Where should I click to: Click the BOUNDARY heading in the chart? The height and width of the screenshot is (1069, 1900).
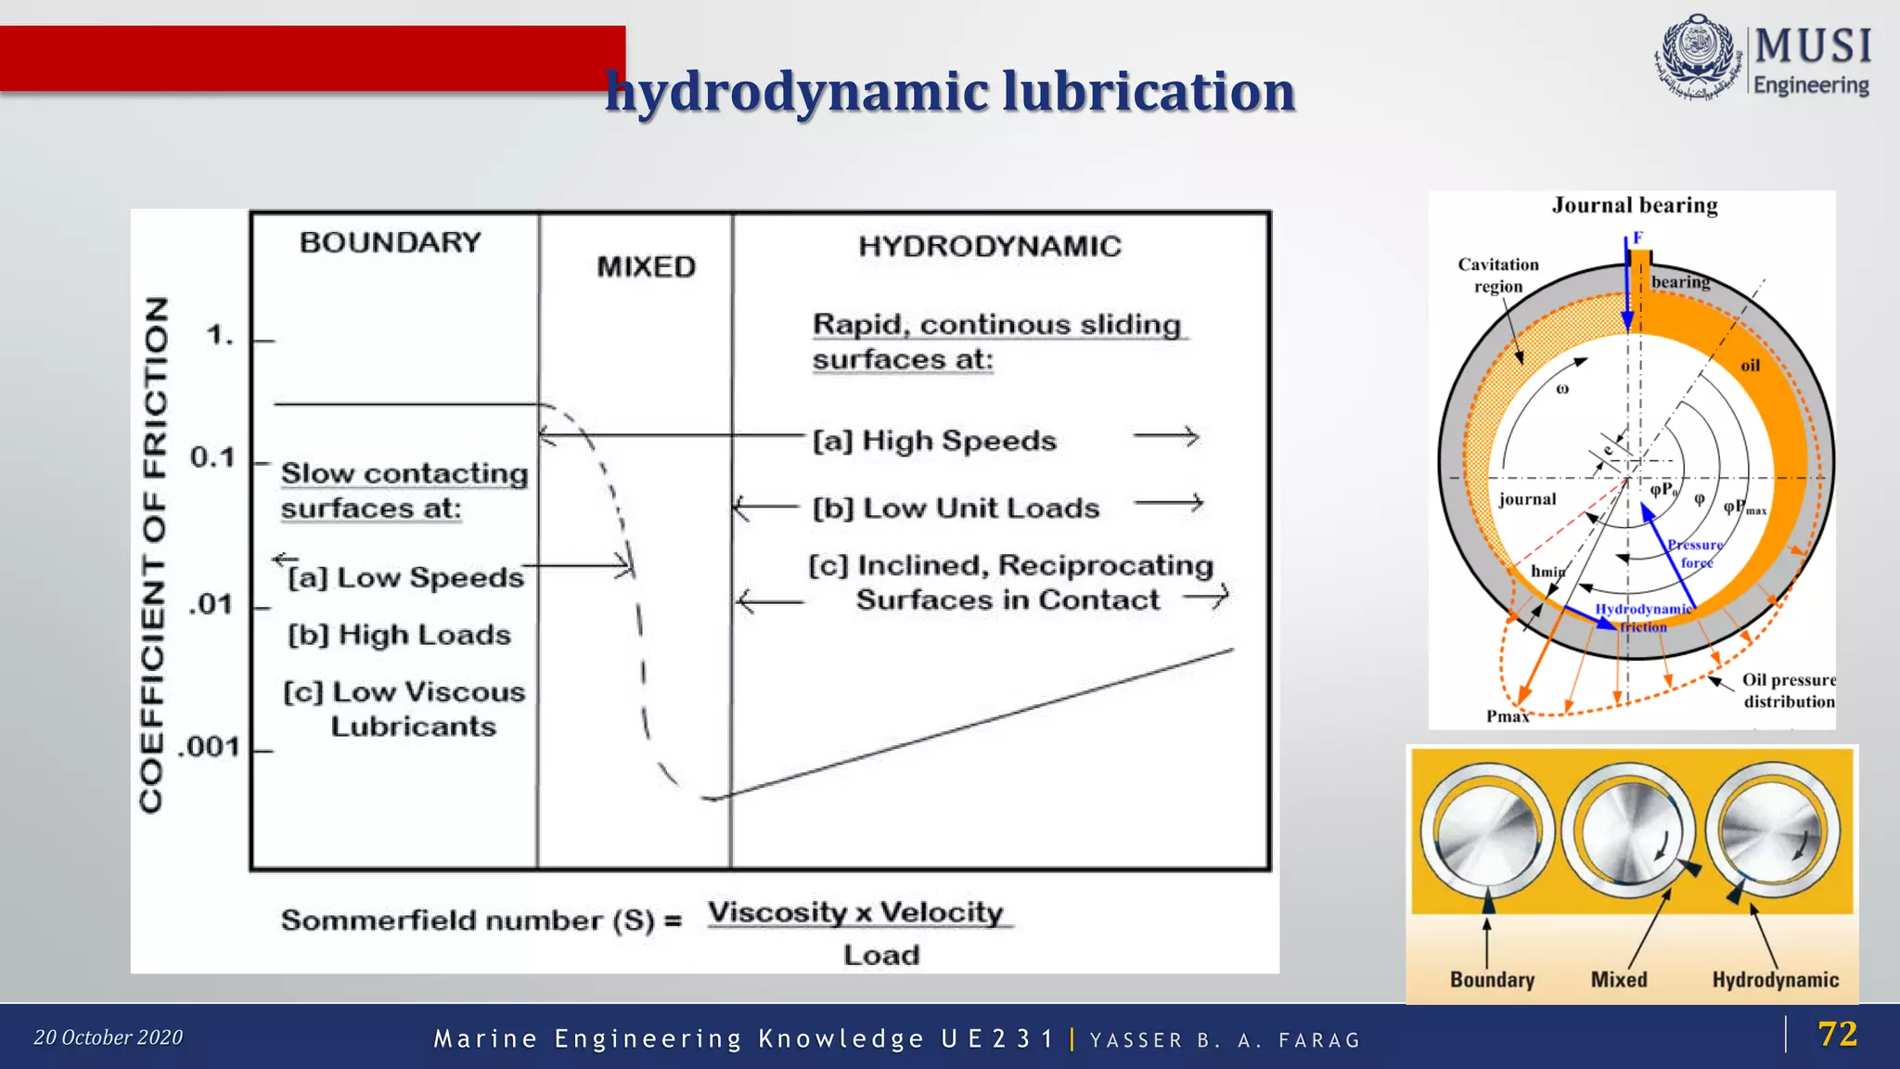pyautogui.click(x=391, y=242)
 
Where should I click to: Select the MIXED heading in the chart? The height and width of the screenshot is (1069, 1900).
pyautogui.click(x=646, y=267)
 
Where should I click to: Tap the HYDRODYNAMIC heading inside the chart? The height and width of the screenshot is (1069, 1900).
pyautogui.click(x=989, y=246)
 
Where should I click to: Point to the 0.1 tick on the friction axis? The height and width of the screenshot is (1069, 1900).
pyautogui.click(x=213, y=457)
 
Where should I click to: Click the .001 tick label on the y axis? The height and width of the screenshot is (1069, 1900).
pyautogui.click(x=210, y=747)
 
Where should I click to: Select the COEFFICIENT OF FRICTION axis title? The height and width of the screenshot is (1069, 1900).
pyautogui.click(x=154, y=555)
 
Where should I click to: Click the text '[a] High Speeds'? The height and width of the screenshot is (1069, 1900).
pyautogui.click(x=934, y=441)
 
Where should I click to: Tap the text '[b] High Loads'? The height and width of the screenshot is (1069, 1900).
pyautogui.click(x=400, y=636)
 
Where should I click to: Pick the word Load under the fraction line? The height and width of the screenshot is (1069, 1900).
pyautogui.click(x=880, y=955)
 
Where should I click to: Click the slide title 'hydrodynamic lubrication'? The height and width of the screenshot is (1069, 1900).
pyautogui.click(x=949, y=92)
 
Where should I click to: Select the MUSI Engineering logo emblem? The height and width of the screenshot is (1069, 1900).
pyautogui.click(x=1697, y=58)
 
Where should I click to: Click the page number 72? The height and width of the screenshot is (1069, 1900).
pyautogui.click(x=1837, y=1034)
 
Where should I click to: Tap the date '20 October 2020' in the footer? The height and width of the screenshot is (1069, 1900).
pyautogui.click(x=109, y=1037)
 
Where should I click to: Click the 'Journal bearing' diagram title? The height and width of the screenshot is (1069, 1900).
pyautogui.click(x=1635, y=205)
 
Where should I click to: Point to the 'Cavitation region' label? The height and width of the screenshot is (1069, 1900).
pyautogui.click(x=1497, y=276)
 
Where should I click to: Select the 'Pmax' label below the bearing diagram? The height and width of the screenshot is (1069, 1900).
pyautogui.click(x=1507, y=716)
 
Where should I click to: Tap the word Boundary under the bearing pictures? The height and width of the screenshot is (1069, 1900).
pyautogui.click(x=1492, y=980)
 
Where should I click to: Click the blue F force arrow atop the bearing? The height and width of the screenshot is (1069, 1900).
pyautogui.click(x=1627, y=288)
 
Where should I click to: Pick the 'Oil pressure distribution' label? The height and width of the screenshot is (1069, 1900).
pyautogui.click(x=1788, y=691)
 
